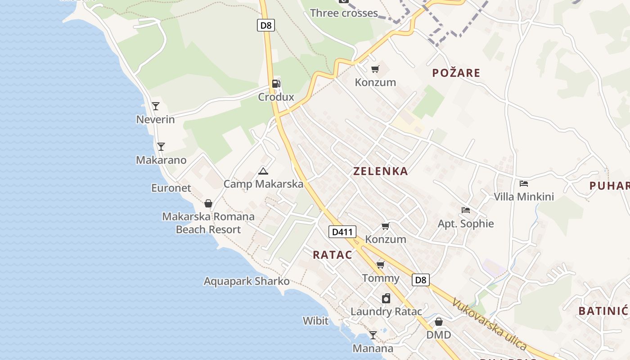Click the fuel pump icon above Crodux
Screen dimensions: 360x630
276,84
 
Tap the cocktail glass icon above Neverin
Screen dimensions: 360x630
156,106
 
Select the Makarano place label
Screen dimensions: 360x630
161,160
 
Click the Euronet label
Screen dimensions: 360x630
171,188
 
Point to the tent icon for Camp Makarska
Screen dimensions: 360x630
263,171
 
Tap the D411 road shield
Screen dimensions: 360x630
342,232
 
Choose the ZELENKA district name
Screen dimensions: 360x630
380,171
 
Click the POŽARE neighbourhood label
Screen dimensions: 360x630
456,73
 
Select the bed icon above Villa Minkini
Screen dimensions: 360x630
524,184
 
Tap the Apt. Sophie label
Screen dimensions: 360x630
466,224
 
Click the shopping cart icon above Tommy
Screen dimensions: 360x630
381,265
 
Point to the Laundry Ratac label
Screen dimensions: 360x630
386,311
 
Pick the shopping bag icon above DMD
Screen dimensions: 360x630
439,322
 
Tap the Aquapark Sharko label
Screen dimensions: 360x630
247,281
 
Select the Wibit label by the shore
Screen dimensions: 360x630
315,321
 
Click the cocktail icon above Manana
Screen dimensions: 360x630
373,335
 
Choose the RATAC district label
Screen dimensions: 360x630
333,255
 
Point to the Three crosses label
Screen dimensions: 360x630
344,13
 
